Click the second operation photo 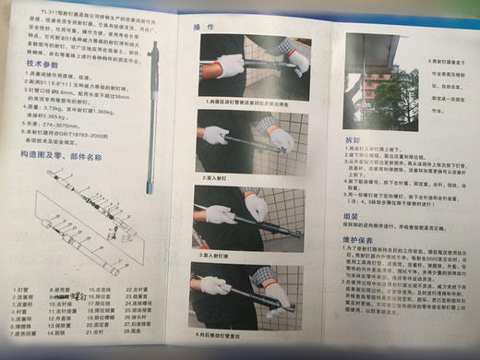click(244, 140)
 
